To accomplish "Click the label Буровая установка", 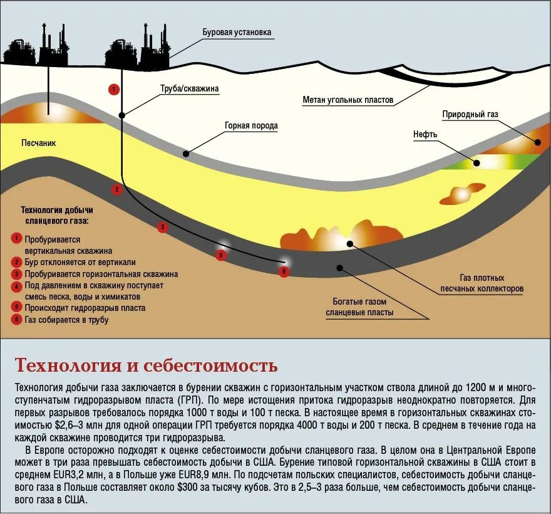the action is [x=237, y=32].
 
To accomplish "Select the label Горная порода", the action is [x=251, y=125].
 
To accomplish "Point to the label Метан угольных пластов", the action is [x=348, y=100].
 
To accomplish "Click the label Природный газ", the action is [x=470, y=114].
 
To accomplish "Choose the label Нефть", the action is [x=425, y=134].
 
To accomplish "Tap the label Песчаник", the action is [x=38, y=143].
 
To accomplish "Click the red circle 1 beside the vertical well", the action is [x=113, y=89].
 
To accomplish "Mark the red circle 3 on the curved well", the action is [x=163, y=228].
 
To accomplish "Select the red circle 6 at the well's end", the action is [x=284, y=271].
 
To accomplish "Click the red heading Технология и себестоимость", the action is [x=146, y=365].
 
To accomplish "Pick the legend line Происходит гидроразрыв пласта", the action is [x=85, y=308].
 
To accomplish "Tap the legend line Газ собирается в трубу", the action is [x=66, y=320].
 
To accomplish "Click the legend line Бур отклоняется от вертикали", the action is [x=80, y=262].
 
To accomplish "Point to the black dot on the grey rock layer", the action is [x=186, y=153].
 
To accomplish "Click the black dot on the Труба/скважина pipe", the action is [x=122, y=115].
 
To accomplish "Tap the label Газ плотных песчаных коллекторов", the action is [x=481, y=283].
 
